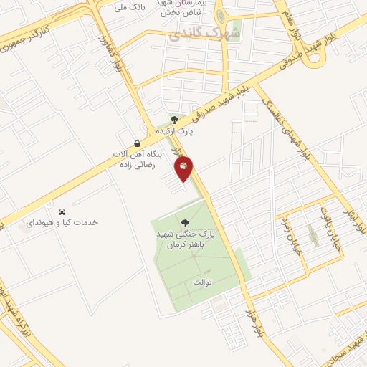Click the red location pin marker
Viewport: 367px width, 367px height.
click(184, 168)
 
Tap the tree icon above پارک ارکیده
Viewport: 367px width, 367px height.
click(174, 120)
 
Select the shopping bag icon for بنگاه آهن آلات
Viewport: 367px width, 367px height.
click(137, 143)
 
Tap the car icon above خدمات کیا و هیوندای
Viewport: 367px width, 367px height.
click(62, 211)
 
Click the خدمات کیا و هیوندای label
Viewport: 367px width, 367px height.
click(62, 223)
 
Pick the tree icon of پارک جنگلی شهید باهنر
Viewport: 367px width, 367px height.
click(186, 223)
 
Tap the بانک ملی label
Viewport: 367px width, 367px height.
click(132, 7)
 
